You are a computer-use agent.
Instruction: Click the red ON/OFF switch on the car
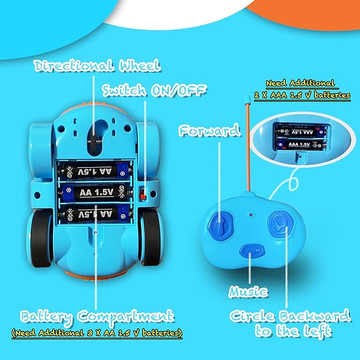pos(143,193)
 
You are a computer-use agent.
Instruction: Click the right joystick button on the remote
pos(278,223)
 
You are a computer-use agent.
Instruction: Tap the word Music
pos(249,291)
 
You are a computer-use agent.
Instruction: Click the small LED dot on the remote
pos(250,216)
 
